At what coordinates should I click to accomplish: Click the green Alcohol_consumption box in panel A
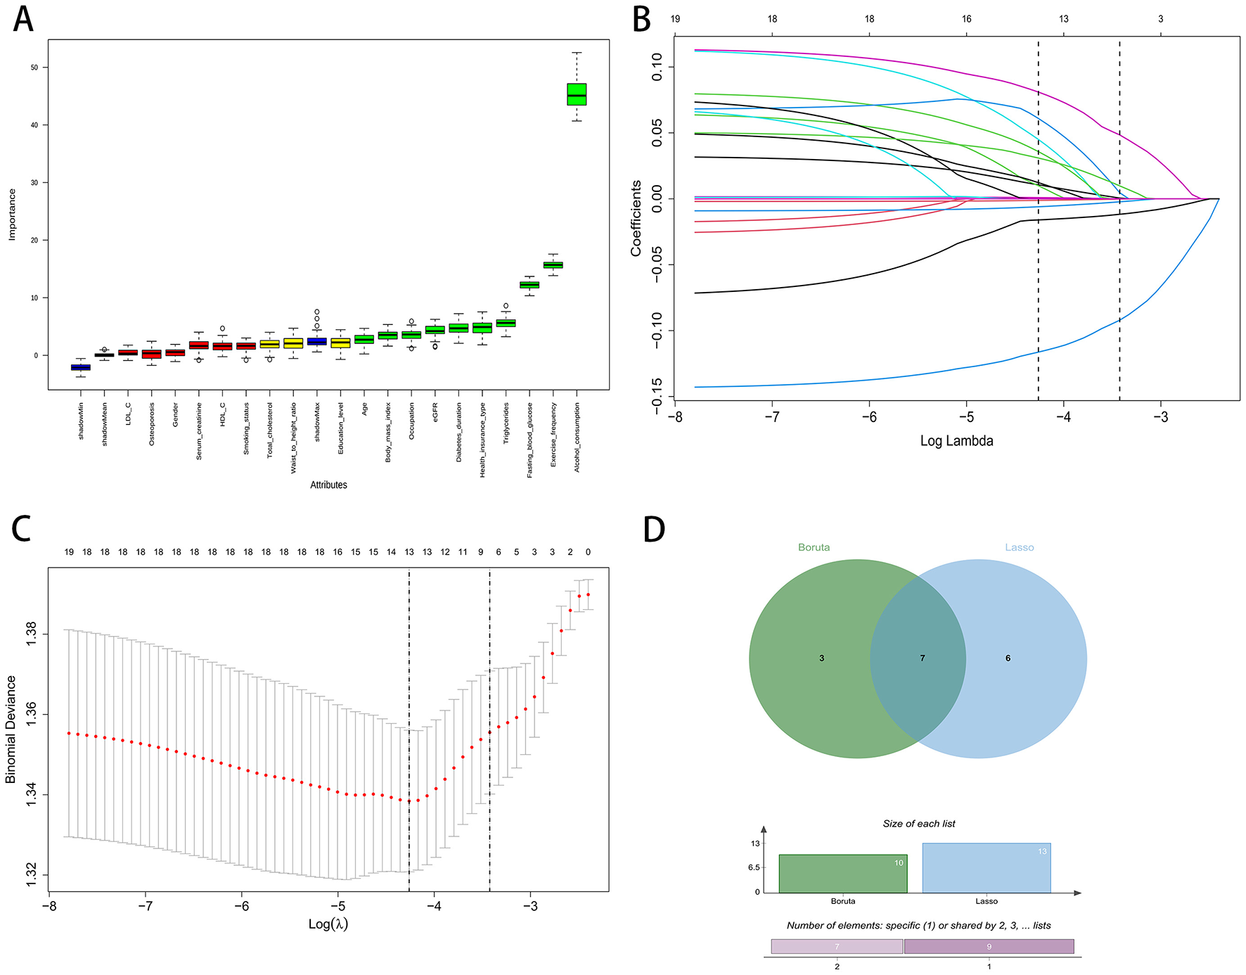click(577, 94)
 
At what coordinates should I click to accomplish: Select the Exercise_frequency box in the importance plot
click(553, 265)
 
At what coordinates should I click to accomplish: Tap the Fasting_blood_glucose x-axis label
click(529, 440)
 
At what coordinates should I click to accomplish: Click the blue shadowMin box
click(81, 367)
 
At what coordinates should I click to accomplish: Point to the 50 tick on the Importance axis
click(34, 68)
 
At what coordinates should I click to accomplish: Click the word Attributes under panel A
click(328, 485)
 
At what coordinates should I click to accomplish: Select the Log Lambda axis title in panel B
click(956, 441)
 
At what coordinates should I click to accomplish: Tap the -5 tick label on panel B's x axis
click(966, 417)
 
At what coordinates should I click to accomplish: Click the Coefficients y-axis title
click(636, 218)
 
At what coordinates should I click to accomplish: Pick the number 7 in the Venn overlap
click(923, 658)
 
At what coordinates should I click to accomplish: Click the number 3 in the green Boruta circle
click(821, 658)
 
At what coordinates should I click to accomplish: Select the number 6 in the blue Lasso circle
click(1008, 658)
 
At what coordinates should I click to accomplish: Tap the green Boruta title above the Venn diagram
click(814, 547)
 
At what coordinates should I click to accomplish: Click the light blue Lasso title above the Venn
click(1019, 547)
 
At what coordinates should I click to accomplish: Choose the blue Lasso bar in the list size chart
click(986, 869)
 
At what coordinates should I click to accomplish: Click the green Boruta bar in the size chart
click(842, 874)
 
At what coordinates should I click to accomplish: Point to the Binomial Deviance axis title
click(11, 729)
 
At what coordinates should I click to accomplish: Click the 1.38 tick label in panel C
click(32, 634)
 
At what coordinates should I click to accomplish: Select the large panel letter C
click(21, 529)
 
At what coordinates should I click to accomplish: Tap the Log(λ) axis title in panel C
click(328, 924)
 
